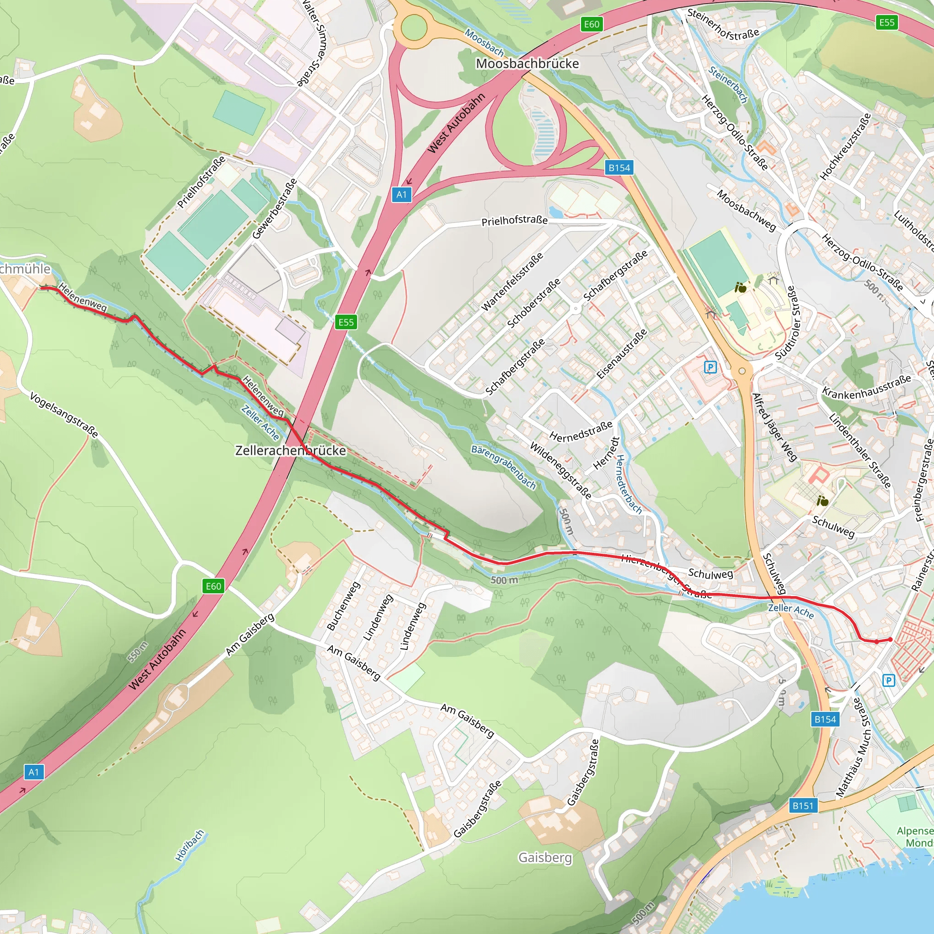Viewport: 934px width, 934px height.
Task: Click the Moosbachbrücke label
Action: [527, 64]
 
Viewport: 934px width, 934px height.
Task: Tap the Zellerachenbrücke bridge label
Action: [290, 451]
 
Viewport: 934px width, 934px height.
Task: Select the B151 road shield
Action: [803, 805]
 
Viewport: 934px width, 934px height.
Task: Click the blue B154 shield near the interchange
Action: [619, 168]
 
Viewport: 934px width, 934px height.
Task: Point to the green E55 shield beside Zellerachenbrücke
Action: [346, 322]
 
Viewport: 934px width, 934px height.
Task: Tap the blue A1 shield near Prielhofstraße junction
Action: [401, 195]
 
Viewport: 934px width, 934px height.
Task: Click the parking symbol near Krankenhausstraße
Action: [710, 368]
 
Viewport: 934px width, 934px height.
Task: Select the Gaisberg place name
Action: [545, 858]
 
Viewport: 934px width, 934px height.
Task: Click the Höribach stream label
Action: [190, 846]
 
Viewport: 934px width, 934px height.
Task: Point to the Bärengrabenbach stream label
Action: [503, 467]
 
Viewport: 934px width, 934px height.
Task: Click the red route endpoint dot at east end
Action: [891, 639]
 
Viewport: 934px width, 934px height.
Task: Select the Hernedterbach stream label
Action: [628, 484]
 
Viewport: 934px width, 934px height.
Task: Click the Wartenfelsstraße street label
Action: [512, 283]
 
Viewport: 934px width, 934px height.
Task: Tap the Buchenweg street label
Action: [343, 606]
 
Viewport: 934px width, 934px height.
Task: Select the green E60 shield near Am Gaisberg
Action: [213, 586]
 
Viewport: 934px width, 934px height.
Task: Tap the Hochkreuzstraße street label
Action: [845, 147]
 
